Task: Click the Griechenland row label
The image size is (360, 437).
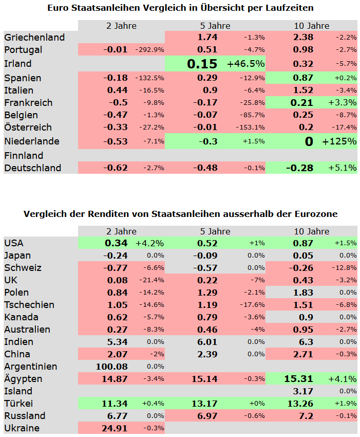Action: tap(34, 37)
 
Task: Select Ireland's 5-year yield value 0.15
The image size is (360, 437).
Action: tap(202, 64)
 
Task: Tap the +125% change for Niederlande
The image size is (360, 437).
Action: tap(339, 141)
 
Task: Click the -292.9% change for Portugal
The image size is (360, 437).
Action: tap(149, 50)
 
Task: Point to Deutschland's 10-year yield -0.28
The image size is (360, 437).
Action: tap(299, 168)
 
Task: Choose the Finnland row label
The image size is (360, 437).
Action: tap(24, 155)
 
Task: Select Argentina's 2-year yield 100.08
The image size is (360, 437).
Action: tap(111, 367)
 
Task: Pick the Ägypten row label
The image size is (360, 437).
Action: tap(23, 379)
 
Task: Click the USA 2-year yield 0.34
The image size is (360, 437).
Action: tap(116, 243)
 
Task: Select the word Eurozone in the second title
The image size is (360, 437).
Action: tap(316, 214)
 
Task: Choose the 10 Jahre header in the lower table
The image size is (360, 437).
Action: tap(312, 231)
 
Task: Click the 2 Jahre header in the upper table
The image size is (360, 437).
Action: tap(121, 26)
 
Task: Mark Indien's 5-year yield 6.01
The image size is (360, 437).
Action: tap(207, 342)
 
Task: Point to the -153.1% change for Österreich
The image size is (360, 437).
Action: tap(252, 128)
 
